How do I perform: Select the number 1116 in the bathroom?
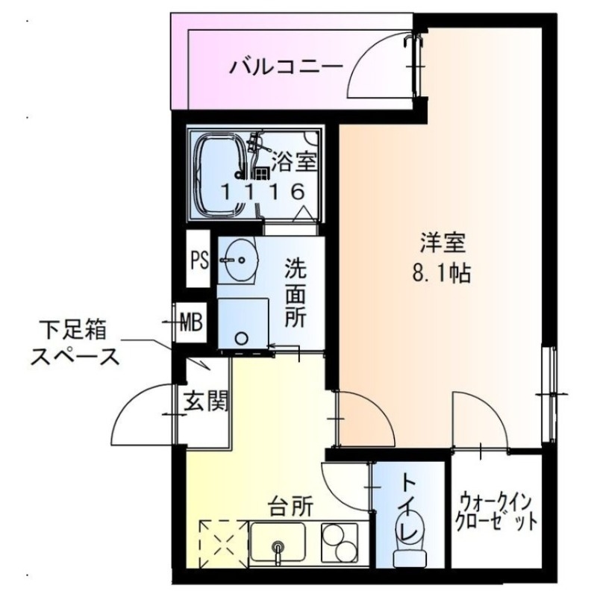pos(262,191)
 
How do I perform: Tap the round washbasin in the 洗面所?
pos(240,260)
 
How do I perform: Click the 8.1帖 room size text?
pos(440,274)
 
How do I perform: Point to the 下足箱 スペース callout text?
pos(74,343)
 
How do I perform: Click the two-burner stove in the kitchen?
pos(340,543)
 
